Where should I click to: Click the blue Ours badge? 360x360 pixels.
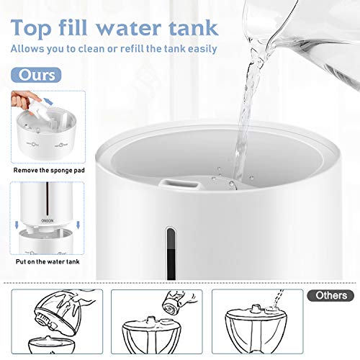point(35,75)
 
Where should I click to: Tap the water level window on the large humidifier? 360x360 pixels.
point(170,253)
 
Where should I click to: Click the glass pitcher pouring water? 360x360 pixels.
point(317,36)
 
